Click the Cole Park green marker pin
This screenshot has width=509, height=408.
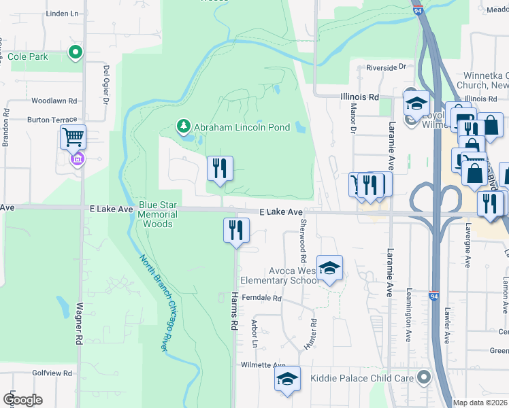tap(75, 52)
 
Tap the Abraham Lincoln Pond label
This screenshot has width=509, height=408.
tap(242, 127)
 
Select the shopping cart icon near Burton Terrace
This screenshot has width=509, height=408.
tap(73, 137)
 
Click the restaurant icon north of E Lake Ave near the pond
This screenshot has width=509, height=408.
tap(219, 168)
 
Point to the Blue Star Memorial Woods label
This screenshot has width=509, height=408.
tap(158, 214)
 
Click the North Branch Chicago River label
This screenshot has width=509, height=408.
tap(154, 303)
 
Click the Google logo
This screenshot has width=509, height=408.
tap(22, 400)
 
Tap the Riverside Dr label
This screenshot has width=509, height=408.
tap(385, 67)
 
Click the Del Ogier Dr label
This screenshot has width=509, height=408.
tap(106, 85)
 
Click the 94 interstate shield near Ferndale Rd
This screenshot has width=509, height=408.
tap(433, 296)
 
